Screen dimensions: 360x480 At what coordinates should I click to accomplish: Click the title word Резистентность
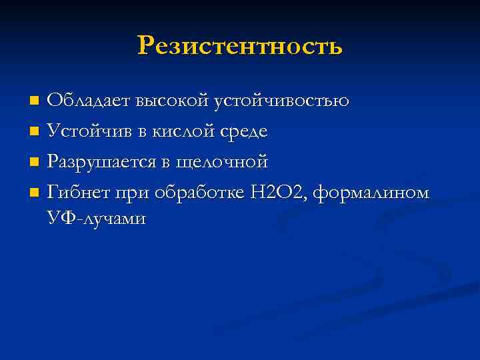tap(240, 46)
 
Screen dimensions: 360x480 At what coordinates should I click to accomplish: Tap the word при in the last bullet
tap(131, 193)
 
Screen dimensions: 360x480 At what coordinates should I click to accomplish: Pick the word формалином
tap(371, 193)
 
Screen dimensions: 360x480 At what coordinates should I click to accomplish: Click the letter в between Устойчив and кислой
tap(143, 133)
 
